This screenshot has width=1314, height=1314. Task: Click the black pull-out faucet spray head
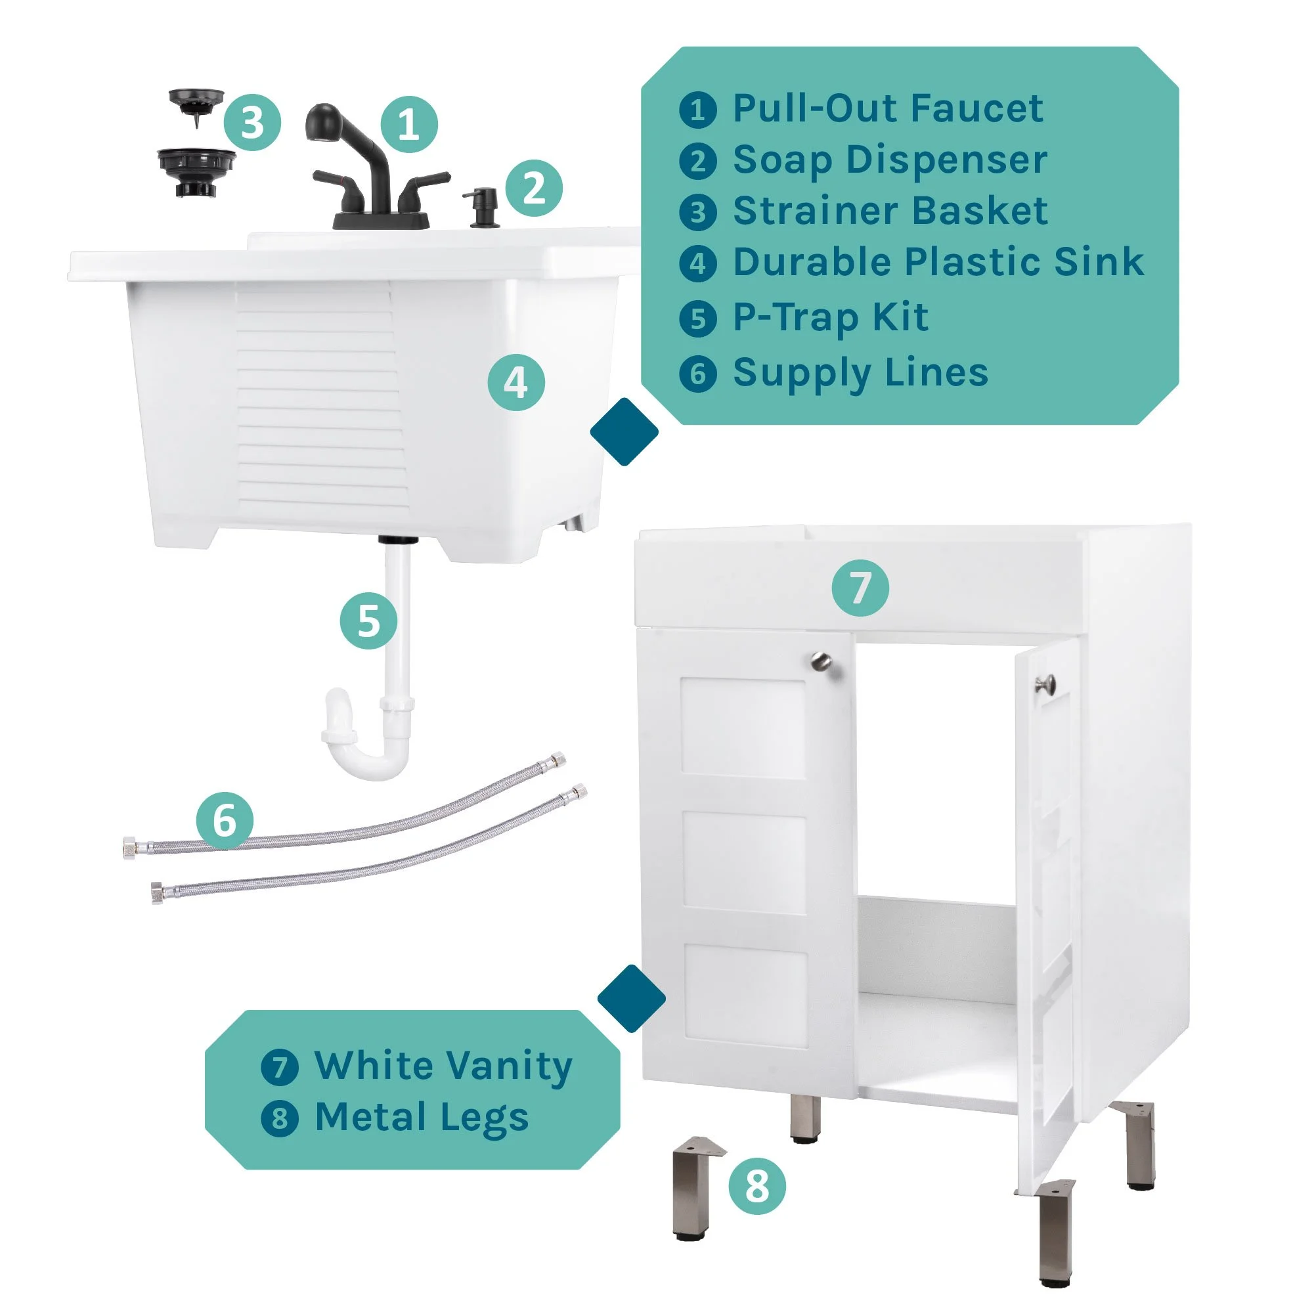[322, 122]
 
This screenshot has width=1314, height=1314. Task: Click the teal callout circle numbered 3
[252, 123]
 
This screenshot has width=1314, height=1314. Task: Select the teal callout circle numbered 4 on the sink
[516, 382]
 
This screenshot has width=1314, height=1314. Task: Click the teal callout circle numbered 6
[225, 820]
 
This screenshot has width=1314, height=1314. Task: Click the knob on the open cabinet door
[1045, 684]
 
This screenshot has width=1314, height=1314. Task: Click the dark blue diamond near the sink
[624, 432]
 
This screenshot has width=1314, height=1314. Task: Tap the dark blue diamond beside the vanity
[631, 998]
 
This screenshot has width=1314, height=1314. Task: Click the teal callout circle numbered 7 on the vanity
[860, 588]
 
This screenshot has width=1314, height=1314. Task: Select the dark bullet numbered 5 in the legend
[698, 318]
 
